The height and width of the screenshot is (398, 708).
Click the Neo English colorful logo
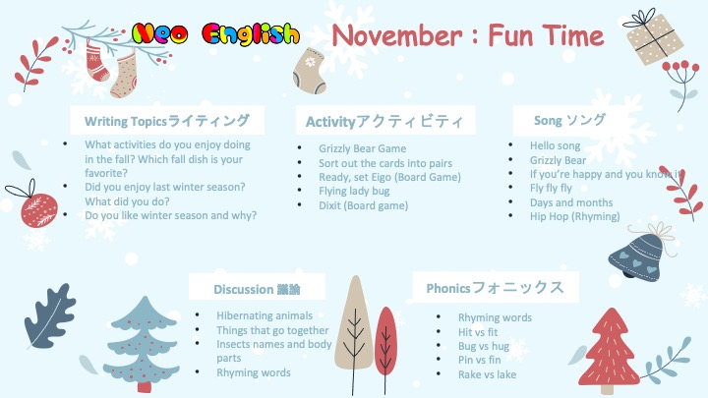[215, 34]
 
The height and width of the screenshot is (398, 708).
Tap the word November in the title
[397, 35]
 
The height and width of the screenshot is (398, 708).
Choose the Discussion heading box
[257, 287]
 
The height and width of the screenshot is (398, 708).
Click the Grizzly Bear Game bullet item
[362, 148]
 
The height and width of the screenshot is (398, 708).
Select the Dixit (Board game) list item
[363, 205]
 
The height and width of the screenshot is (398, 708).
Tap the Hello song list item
[555, 145]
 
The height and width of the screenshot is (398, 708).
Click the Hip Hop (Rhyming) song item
[575, 216]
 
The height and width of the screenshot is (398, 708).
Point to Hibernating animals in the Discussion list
[265, 315]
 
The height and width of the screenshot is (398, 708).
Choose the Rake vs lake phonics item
[487, 374]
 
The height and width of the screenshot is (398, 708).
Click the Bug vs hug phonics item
[483, 346]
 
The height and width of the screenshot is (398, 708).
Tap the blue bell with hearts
[638, 254]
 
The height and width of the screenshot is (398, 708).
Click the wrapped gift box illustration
[654, 37]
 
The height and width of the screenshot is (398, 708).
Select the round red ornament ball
[38, 210]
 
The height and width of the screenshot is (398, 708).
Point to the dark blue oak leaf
[49, 315]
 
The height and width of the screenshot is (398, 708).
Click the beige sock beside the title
[310, 70]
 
